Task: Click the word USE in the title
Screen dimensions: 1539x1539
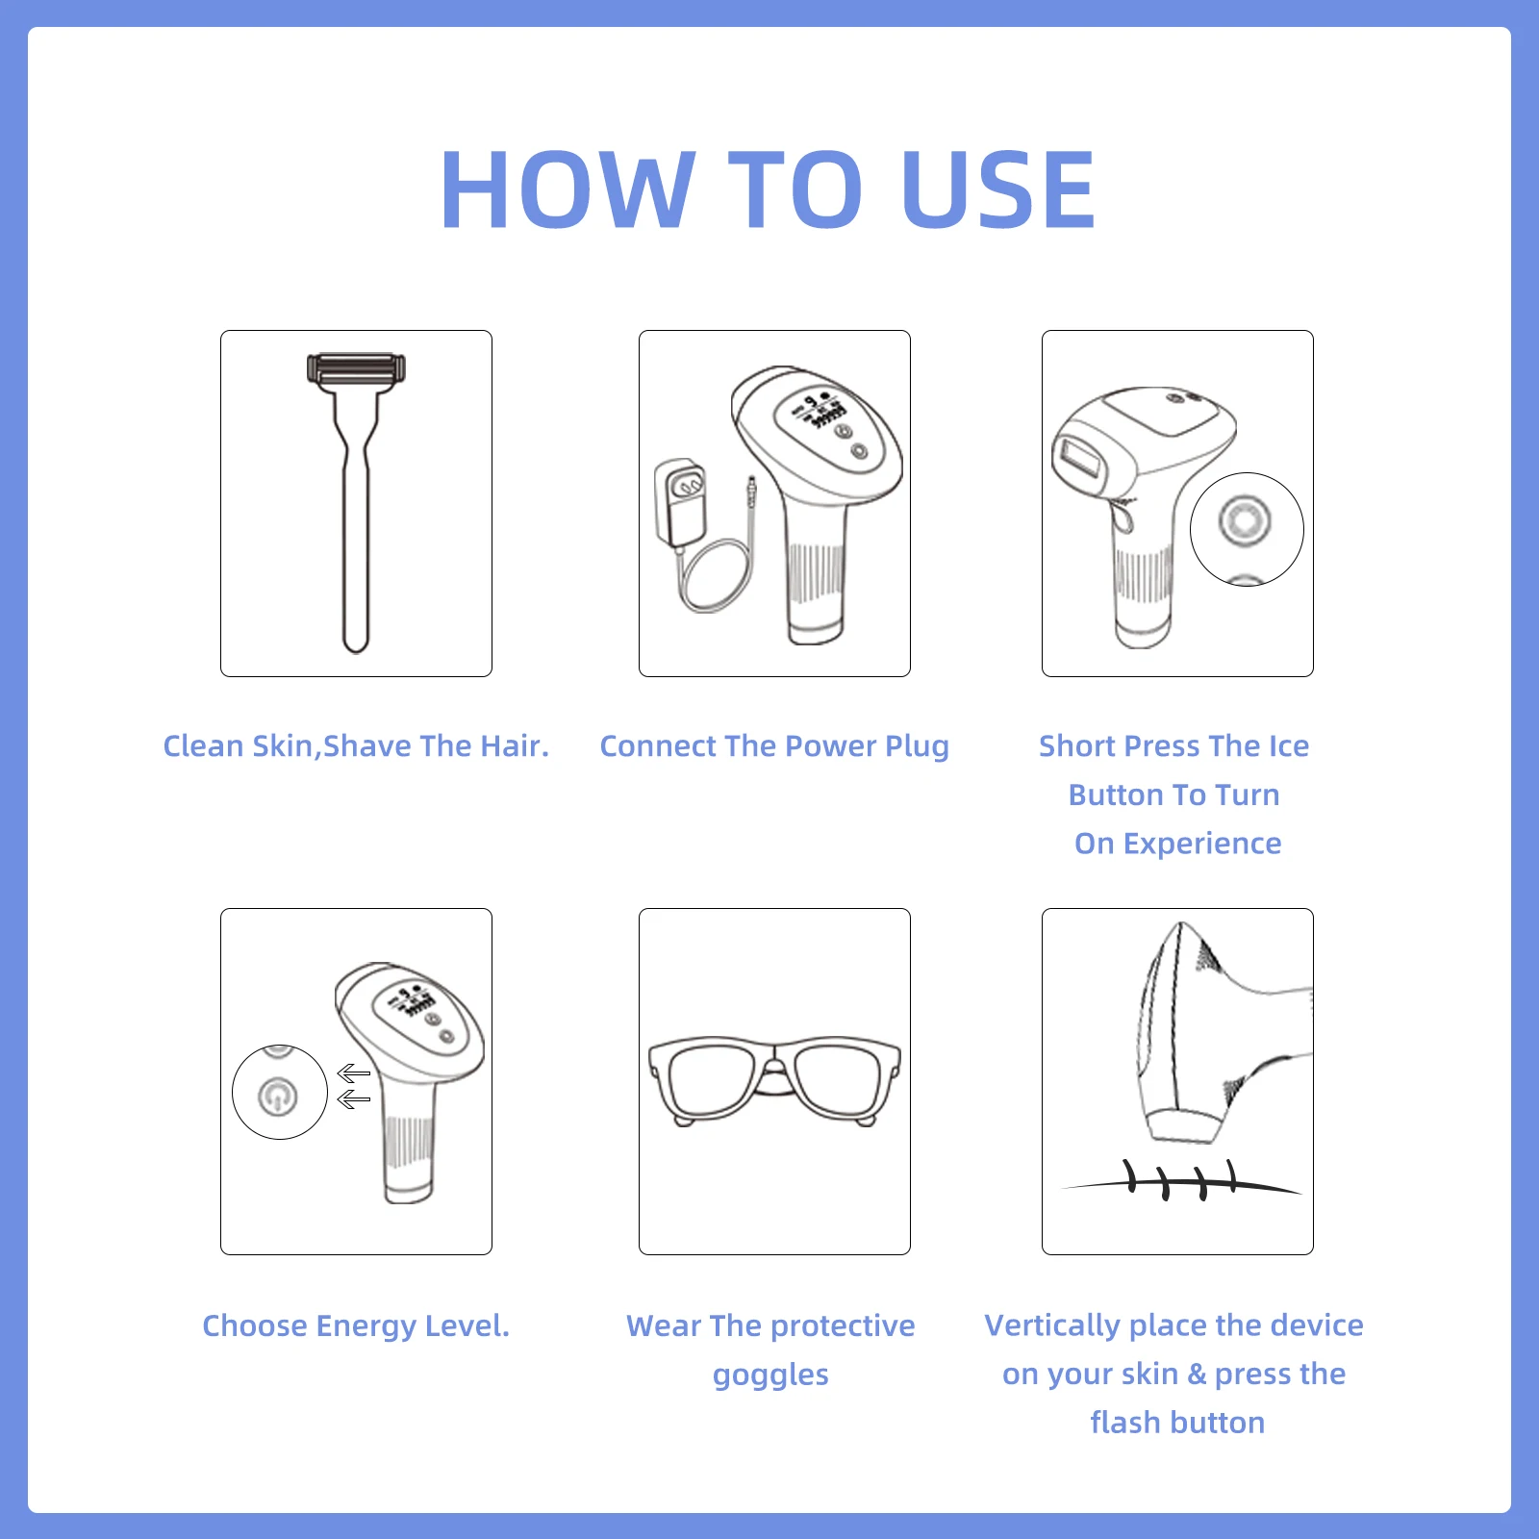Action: pos(999,189)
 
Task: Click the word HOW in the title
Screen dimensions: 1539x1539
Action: pos(568,189)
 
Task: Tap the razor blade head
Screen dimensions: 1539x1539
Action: pos(356,369)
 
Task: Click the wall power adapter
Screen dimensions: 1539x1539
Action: pos(679,501)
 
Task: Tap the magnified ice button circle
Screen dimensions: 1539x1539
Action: pos(1247,529)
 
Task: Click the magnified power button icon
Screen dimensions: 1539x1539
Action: pos(278,1096)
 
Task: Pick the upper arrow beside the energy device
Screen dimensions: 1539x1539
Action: pos(354,1073)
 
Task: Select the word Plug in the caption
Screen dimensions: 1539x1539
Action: pos(917,747)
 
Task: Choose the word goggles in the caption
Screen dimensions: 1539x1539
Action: pos(770,1376)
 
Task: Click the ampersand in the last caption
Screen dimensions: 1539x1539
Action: pos(1197,1374)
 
